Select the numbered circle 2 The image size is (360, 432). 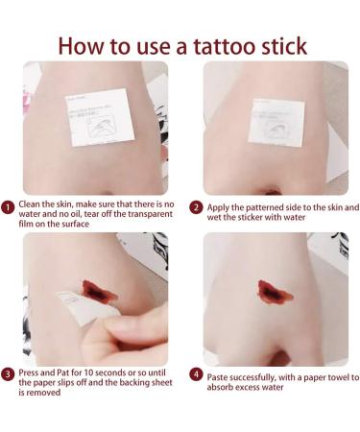point(195,206)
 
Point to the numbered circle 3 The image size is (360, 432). point(8,373)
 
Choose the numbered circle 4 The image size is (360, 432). point(195,373)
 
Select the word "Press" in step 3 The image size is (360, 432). point(29,373)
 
